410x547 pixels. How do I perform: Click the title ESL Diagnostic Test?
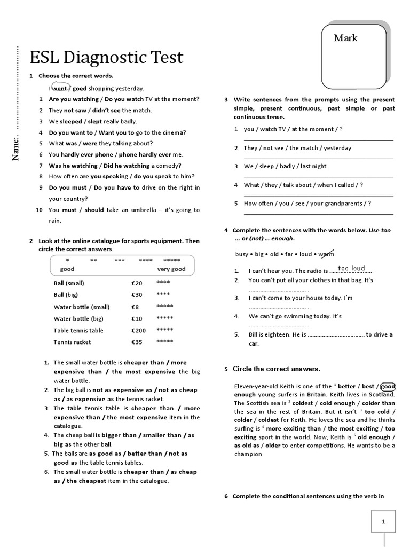106,57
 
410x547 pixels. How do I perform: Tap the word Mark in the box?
345,38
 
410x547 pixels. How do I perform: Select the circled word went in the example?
59,88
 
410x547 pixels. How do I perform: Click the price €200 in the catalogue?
138,330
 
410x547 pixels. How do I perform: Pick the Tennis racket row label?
72,342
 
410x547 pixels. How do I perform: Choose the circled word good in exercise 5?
388,386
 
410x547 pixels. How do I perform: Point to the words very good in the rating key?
171,269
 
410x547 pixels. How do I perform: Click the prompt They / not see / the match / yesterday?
297,148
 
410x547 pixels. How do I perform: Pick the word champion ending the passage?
248,454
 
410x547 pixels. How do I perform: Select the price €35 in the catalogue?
137,342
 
